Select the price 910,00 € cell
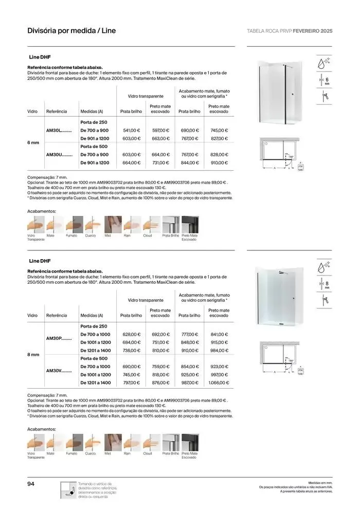click(x=219, y=163)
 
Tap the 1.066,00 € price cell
click(x=219, y=383)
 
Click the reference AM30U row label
click(x=60, y=154)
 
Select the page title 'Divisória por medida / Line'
click(x=71, y=30)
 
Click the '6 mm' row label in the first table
click(x=32, y=142)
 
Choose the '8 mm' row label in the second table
click(x=32, y=354)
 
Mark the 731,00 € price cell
click(x=160, y=163)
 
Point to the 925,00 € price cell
click(x=189, y=375)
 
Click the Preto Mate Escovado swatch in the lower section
click(x=190, y=442)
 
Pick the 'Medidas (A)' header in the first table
click(x=92, y=111)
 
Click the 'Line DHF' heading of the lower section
click(x=40, y=261)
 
